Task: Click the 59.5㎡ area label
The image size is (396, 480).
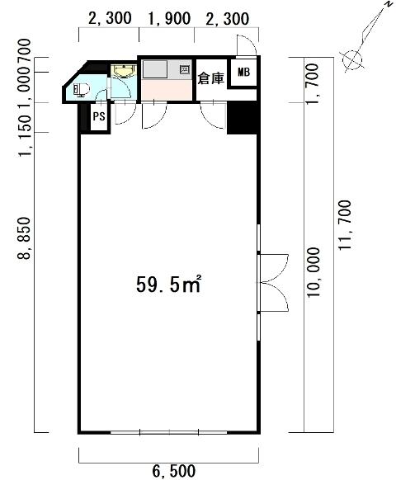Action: pyautogui.click(x=168, y=285)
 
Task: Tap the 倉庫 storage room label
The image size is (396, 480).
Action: pyautogui.click(x=210, y=78)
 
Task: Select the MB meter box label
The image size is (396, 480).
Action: pyautogui.click(x=243, y=73)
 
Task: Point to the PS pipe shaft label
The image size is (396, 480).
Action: pyautogui.click(x=99, y=116)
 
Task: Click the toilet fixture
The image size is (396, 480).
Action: pyautogui.click(x=81, y=90)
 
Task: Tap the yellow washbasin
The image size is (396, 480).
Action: pyautogui.click(x=124, y=71)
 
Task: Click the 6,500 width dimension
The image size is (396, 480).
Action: pyautogui.click(x=173, y=471)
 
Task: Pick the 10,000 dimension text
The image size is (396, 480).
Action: pyautogui.click(x=313, y=272)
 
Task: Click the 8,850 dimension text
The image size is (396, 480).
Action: pyautogui.click(x=24, y=238)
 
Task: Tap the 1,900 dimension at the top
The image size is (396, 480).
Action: pyautogui.click(x=169, y=19)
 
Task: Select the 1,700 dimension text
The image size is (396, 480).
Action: pyautogui.click(x=312, y=83)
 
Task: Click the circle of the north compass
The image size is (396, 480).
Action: pyautogui.click(x=352, y=60)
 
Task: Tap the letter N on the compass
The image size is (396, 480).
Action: pyautogui.click(x=389, y=4)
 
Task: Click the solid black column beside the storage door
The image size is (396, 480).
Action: pyautogui.click(x=242, y=118)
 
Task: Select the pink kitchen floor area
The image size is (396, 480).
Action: pyautogui.click(x=167, y=90)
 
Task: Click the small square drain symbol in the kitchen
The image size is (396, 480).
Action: pyautogui.click(x=185, y=69)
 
